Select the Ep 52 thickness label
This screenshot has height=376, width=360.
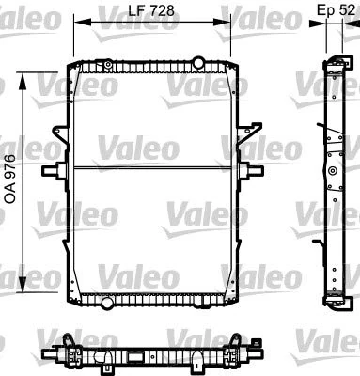(x=337, y=11)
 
